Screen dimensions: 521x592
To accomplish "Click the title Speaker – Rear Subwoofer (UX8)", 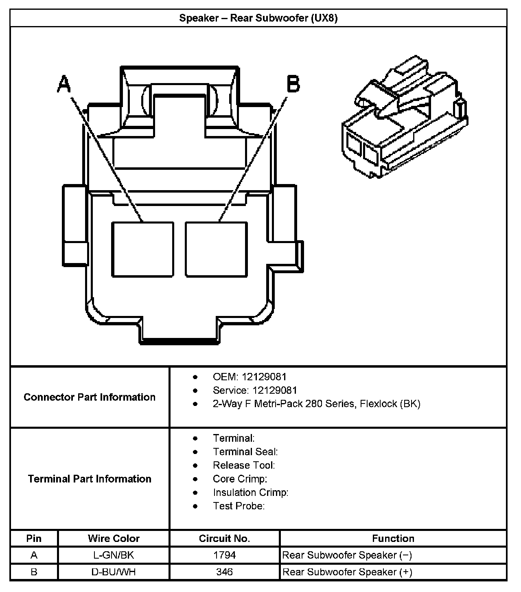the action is (x=258, y=18).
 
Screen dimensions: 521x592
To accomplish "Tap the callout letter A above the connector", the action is (x=64, y=84).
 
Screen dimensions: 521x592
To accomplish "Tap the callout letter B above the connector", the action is (x=293, y=84).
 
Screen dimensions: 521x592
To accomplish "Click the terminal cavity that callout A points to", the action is (x=142, y=249).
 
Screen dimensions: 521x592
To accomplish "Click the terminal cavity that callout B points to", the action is (x=216, y=249).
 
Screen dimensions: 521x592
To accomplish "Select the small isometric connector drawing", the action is (x=405, y=117).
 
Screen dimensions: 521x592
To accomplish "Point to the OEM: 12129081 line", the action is (x=250, y=377).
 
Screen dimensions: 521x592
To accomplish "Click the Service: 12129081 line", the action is (x=255, y=390).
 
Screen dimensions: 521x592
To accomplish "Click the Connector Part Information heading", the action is (x=90, y=397).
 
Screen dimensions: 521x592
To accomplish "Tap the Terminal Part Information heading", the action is (x=90, y=479).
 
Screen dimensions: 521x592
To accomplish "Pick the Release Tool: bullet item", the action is (x=244, y=465).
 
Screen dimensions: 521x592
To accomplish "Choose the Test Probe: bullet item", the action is (x=239, y=506).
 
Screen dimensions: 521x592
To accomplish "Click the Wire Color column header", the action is (x=114, y=539).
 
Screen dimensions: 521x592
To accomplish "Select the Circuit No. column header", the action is (x=224, y=539).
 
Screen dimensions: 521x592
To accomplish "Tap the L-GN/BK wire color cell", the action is (x=114, y=555).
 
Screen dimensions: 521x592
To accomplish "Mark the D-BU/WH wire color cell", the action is (x=114, y=572).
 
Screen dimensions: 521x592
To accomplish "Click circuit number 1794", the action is (x=224, y=555).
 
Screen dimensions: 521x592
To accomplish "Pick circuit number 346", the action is (x=224, y=572).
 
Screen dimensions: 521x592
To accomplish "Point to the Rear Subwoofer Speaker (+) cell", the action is (x=348, y=572).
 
